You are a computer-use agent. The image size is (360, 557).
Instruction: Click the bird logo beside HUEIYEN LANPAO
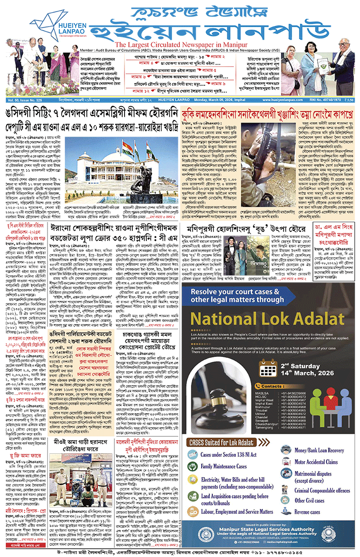[x=43, y=21]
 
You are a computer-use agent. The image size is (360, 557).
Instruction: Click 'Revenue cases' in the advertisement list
[x=307, y=512]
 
